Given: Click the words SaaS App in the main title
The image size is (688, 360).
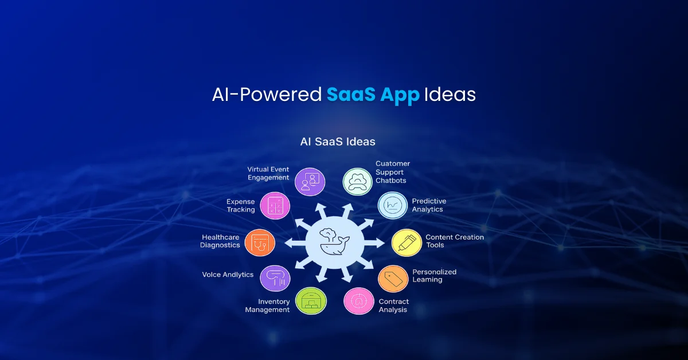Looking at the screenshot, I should (373, 95).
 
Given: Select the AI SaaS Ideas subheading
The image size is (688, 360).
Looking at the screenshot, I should (338, 141).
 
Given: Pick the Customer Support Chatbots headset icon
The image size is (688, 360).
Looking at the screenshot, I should (358, 182).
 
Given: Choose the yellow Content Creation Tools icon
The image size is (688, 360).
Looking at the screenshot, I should (406, 242).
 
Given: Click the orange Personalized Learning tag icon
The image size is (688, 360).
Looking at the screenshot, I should (393, 279).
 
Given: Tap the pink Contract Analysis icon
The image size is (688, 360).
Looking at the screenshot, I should (359, 301).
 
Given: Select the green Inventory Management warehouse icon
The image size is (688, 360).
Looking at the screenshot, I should (311, 301).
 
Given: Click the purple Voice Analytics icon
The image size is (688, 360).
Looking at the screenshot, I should (275, 279).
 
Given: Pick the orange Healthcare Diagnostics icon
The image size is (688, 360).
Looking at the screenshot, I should (260, 242).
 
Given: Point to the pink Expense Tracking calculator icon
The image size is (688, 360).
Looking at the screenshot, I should (275, 206).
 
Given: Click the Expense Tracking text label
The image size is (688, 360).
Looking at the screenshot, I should (241, 206).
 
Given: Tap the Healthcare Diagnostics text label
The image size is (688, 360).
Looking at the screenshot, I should (221, 241).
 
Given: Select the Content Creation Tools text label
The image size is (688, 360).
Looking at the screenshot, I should (455, 241).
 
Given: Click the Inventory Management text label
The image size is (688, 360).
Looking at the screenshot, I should (267, 306).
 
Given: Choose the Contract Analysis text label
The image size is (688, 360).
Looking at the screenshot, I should (394, 306).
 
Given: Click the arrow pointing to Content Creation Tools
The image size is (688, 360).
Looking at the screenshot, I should (376, 243).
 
